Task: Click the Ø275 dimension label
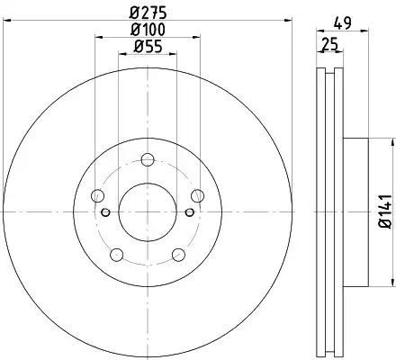click(148, 13)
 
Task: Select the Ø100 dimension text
click(148, 30)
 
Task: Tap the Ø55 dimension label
click(148, 47)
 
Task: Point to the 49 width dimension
click(342, 23)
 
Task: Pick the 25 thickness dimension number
click(329, 44)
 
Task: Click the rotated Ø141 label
click(385, 211)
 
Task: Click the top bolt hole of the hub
click(148, 159)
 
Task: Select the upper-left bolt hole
click(97, 196)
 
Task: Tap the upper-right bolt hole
click(198, 196)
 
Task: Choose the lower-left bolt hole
click(117, 255)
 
